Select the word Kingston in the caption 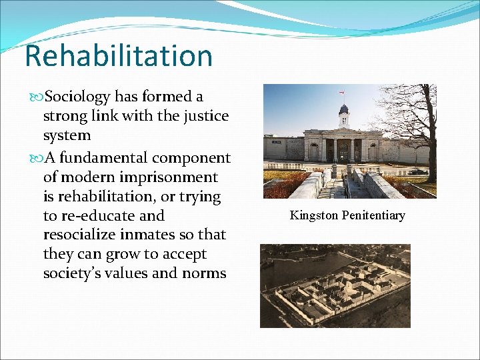pos(313,215)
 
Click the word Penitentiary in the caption pos(373,215)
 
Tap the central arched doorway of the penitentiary pos(344,152)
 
